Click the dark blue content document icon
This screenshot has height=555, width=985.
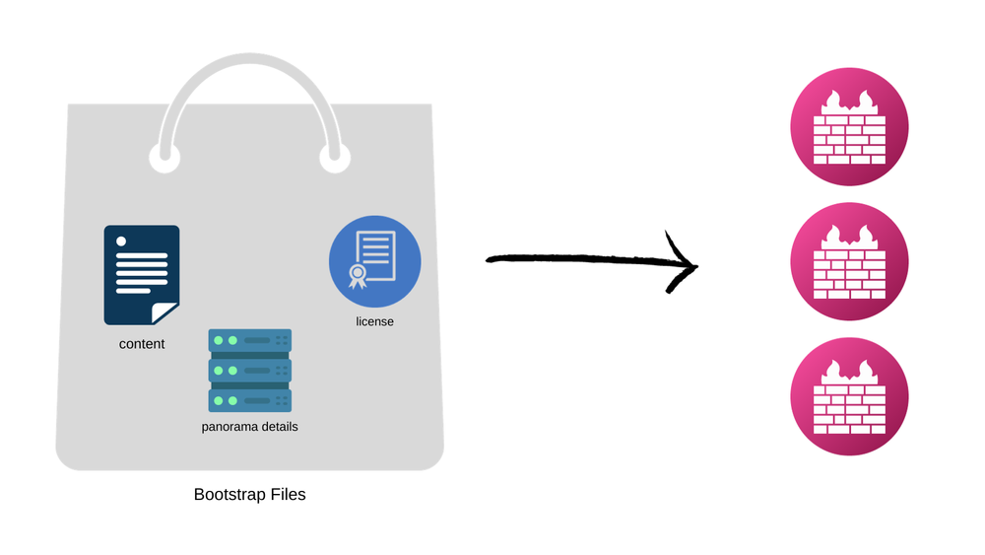pos(141,274)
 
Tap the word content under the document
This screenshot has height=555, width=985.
pos(142,344)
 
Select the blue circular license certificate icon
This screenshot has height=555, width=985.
pos(374,261)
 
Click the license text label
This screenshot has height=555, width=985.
pos(374,321)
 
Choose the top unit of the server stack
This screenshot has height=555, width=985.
pos(250,340)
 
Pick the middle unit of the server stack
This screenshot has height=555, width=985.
pos(250,370)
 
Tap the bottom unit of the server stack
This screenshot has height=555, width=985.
pos(250,399)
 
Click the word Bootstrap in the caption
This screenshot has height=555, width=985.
pos(230,494)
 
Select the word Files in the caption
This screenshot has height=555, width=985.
pos(287,494)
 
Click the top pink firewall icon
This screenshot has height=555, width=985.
pos(849,127)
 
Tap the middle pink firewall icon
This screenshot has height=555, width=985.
pos(849,262)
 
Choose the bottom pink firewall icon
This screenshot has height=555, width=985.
pos(849,396)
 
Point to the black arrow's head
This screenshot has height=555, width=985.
pos(689,264)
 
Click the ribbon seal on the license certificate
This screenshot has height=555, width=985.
pos(358,273)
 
